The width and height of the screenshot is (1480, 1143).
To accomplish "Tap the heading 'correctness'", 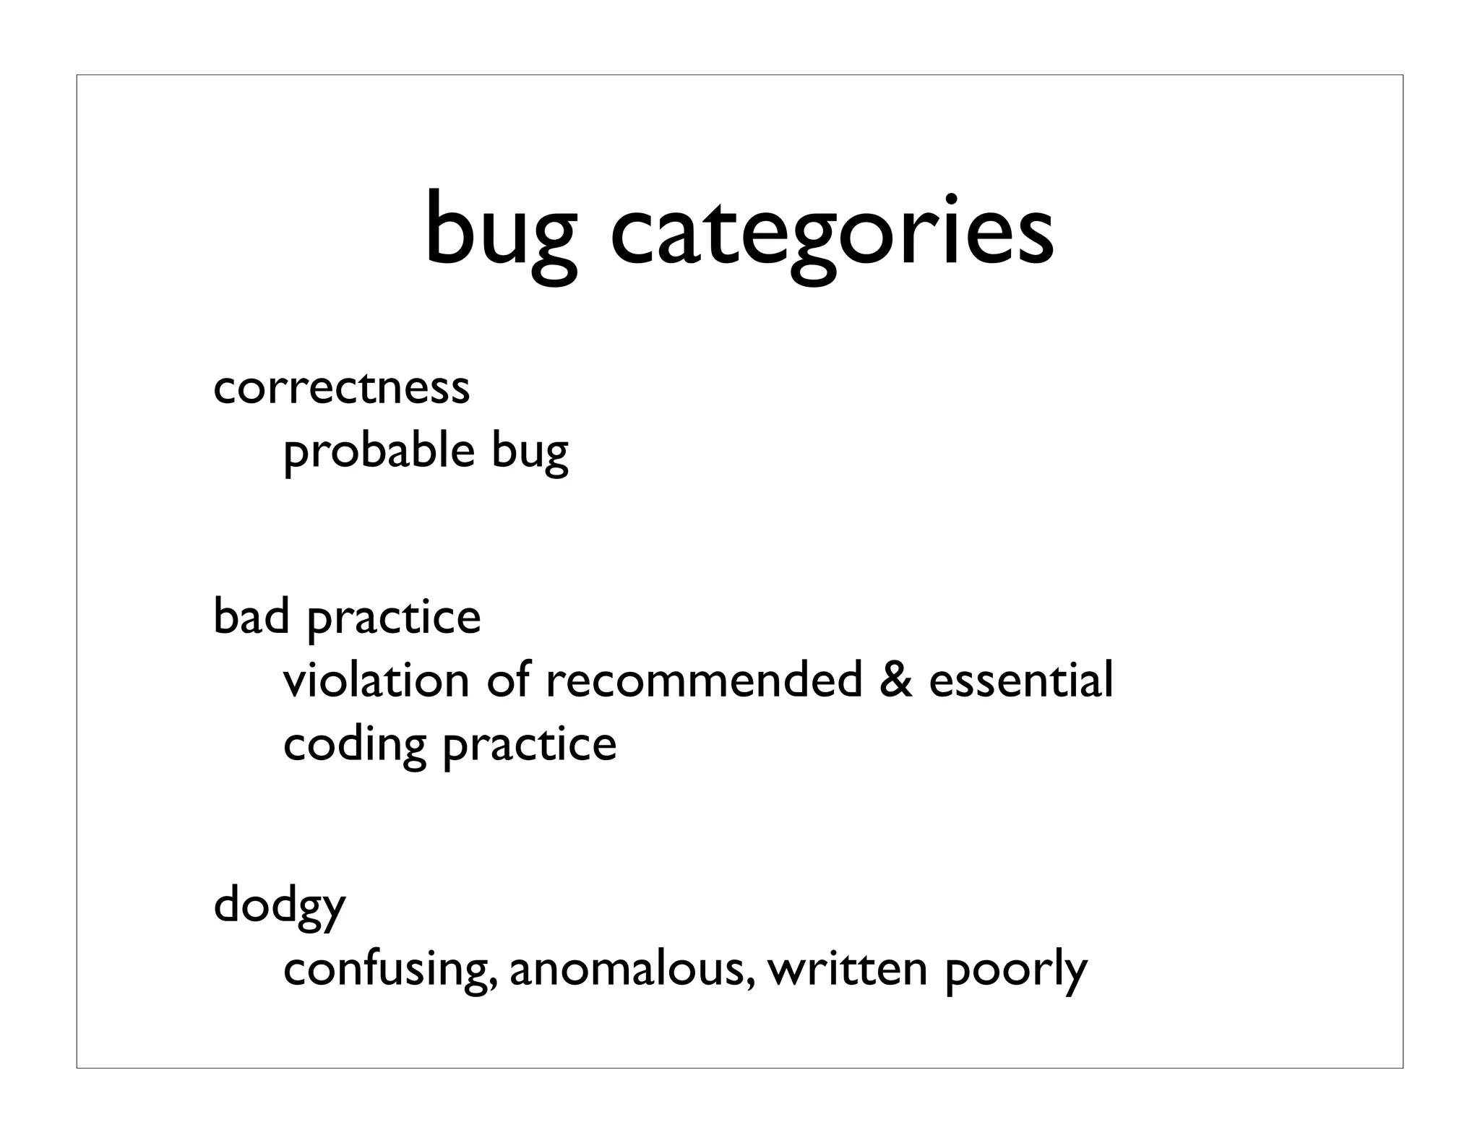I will pos(341,387).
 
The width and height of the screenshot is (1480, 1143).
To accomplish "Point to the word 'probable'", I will pos(379,452).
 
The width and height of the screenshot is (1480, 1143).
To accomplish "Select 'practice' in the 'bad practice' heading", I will pos(394,619).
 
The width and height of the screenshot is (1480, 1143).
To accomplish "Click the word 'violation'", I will pos(376,680).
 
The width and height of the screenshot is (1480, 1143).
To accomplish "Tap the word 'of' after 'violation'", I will pos(508,680).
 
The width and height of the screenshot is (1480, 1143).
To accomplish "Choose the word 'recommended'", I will pos(704,680).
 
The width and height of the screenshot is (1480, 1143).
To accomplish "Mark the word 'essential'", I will pos(1021,680).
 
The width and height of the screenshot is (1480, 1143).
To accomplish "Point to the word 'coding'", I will pos(354,746).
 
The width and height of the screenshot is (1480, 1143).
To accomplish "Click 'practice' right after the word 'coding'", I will pos(530,746).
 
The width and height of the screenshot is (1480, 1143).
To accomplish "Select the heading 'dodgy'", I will pos(280,906).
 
